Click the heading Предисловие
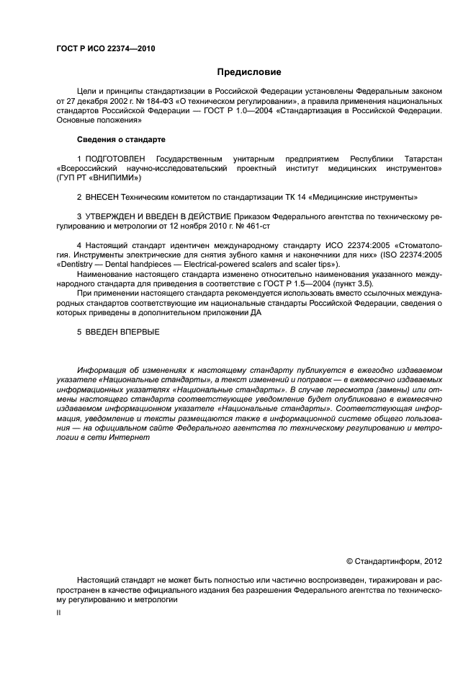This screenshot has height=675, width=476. coord(249,72)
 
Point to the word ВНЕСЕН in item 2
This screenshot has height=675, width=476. coord(104,196)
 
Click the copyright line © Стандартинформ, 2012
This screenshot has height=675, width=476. coord(394,561)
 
